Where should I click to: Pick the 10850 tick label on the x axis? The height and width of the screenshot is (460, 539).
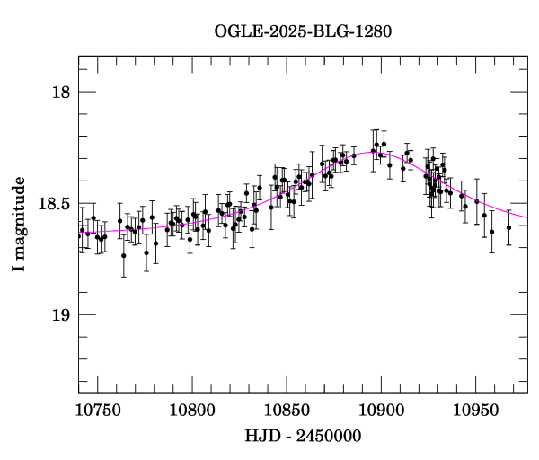(286, 410)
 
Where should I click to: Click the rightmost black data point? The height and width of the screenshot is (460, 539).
(508, 227)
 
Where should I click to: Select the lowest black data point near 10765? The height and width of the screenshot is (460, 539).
(123, 255)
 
